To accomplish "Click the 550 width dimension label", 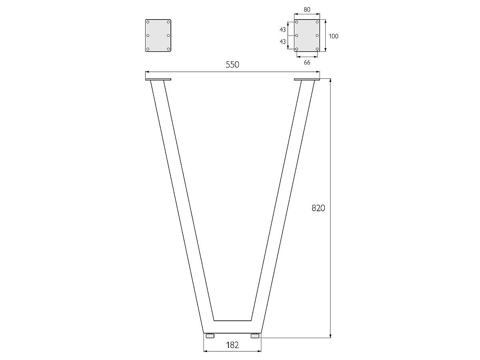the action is click(232, 65).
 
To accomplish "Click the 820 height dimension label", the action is click(318, 208).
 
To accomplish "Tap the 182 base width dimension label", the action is click(232, 345).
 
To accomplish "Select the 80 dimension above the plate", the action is click(307, 10).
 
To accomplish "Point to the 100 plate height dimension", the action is click(334, 36).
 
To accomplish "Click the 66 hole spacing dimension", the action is click(307, 62).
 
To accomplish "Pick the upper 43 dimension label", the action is click(282, 30).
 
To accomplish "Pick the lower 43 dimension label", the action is click(282, 42).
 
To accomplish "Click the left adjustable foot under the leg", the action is click(210, 336).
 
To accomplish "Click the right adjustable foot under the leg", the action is click(255, 336).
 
